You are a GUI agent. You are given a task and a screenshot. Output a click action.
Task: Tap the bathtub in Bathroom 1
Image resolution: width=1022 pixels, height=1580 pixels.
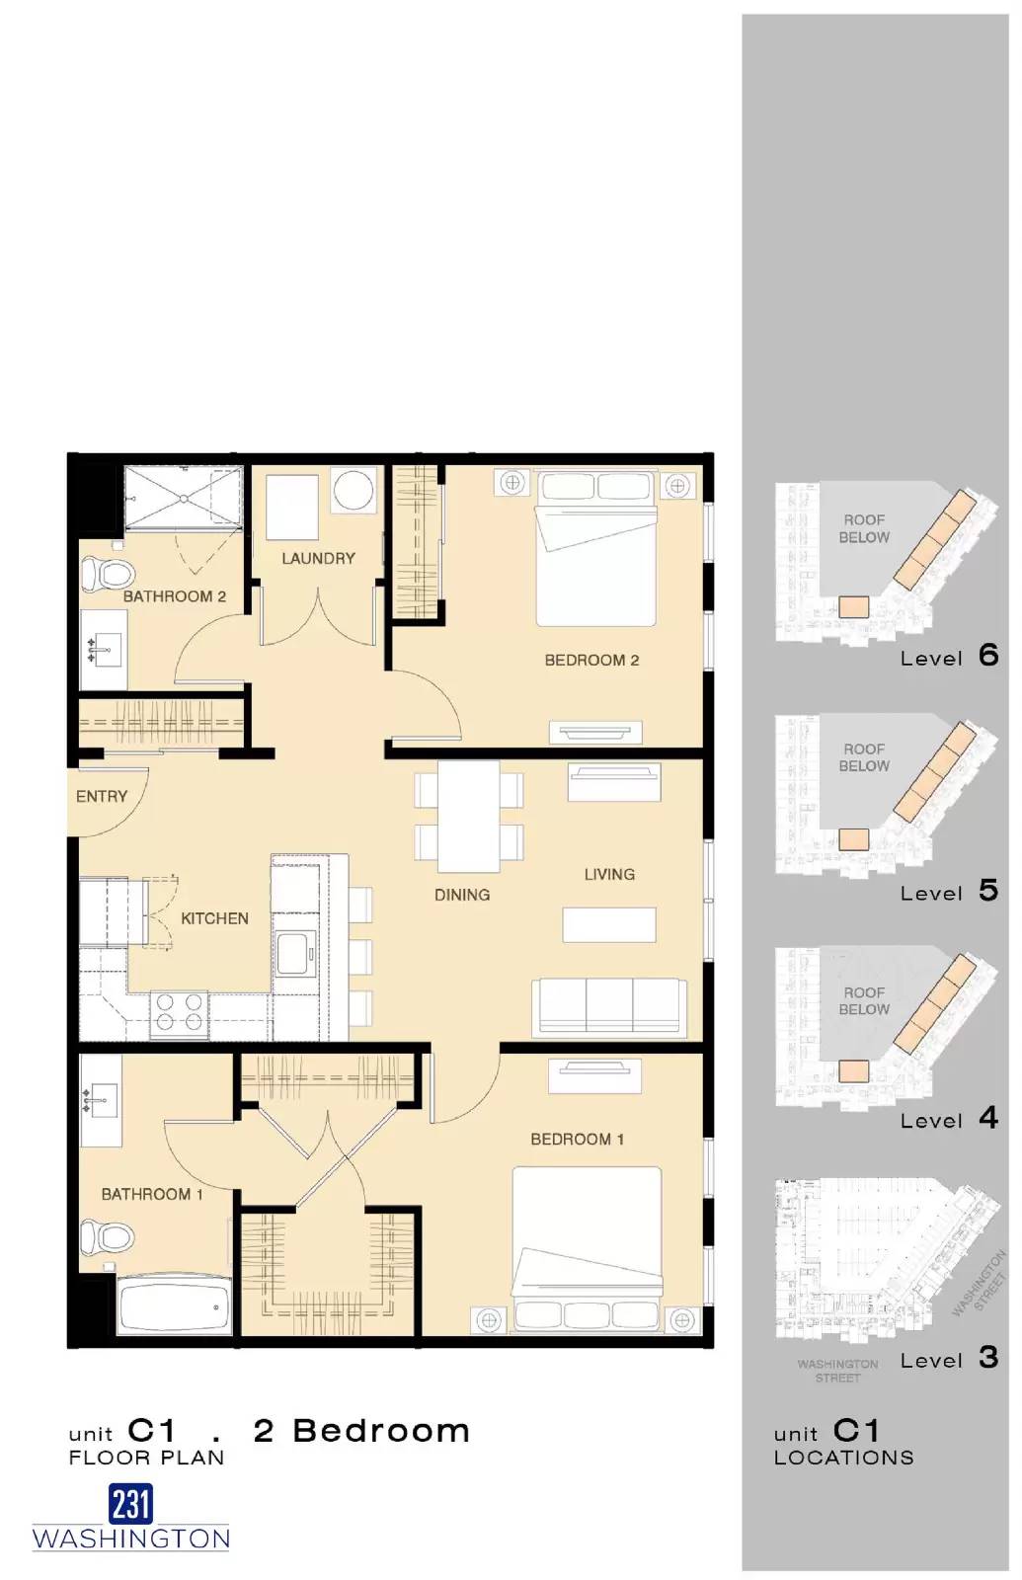point(175,1305)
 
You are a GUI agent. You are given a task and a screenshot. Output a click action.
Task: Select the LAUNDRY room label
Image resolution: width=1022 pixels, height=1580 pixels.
point(318,558)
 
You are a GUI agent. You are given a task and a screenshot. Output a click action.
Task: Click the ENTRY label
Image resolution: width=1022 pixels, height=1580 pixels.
point(102,796)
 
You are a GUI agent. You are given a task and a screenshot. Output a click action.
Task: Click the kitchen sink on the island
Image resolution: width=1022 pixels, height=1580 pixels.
point(294,952)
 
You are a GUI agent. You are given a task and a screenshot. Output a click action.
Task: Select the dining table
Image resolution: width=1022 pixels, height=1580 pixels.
point(468,816)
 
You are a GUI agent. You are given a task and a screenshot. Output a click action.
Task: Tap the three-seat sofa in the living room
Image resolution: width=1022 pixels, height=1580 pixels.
point(609,1007)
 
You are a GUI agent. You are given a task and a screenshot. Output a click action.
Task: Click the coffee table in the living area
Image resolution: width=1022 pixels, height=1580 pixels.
point(609,924)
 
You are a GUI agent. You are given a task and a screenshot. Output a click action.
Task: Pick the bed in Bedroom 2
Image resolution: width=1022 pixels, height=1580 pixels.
point(595,553)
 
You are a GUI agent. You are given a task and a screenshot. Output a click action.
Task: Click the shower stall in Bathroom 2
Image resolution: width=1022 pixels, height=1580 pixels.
point(183,498)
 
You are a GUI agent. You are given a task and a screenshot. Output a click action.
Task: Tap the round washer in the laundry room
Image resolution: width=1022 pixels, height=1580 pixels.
point(353,490)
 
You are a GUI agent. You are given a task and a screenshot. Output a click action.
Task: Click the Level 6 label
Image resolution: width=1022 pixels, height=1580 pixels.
point(949,657)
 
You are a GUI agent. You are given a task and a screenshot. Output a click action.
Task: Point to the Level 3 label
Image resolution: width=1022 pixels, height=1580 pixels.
point(949,1359)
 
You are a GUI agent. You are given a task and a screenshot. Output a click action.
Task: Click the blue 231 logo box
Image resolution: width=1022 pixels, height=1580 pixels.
point(130,1504)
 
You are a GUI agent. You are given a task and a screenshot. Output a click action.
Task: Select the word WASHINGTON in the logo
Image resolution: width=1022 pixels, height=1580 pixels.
point(130,1539)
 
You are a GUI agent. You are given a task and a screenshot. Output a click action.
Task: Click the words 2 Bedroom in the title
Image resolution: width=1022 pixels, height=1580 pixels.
point(361,1431)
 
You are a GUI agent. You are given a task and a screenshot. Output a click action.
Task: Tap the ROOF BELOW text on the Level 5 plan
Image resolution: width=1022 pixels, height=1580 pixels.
point(864,757)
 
